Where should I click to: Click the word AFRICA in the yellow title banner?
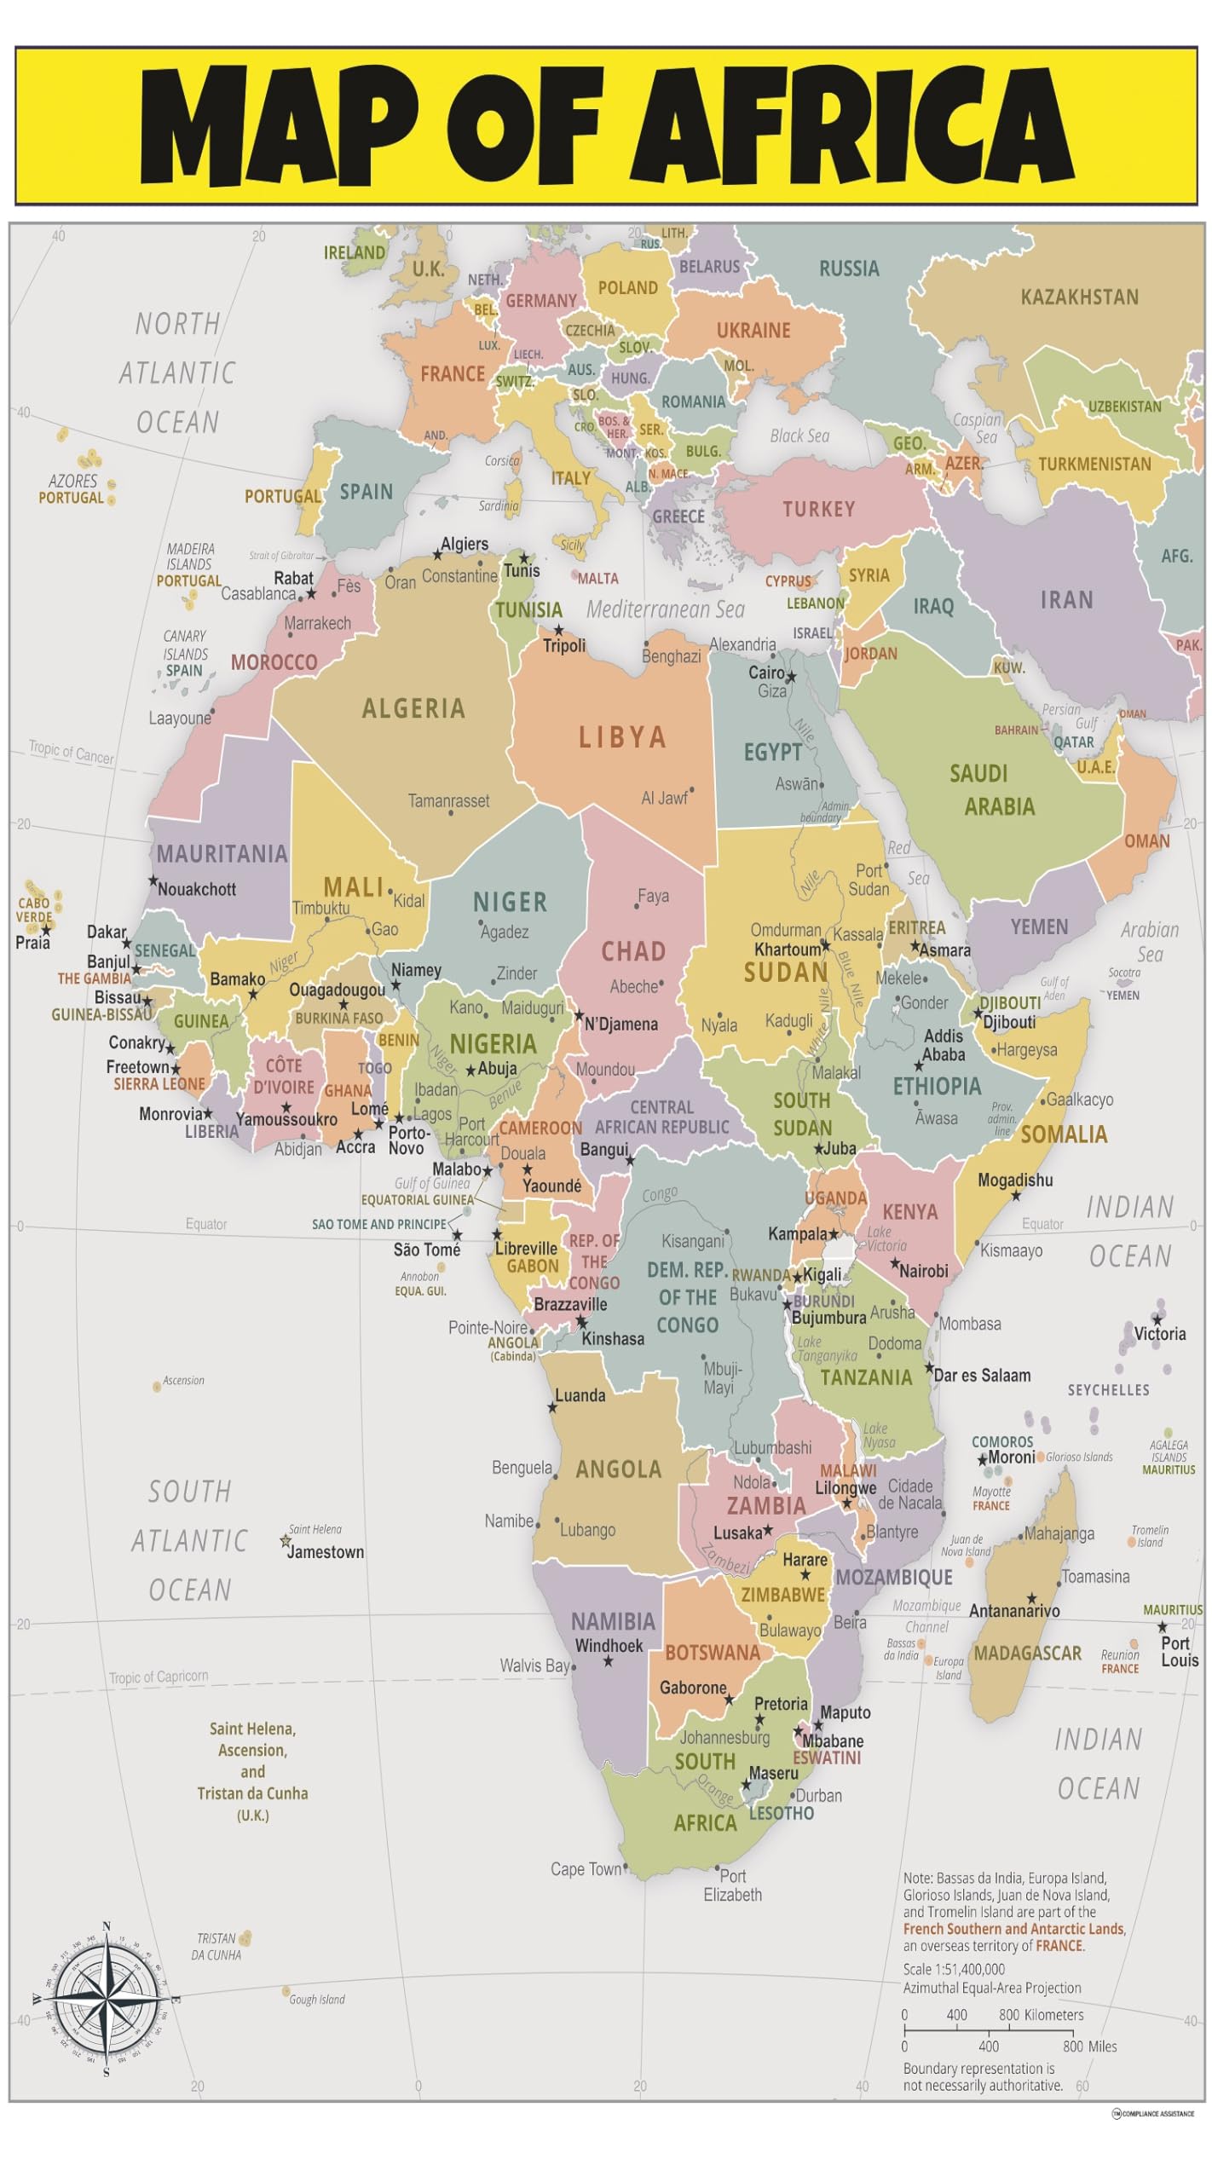point(852,126)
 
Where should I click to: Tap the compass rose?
point(106,1998)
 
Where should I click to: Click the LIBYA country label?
point(622,737)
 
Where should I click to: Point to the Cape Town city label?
point(586,1869)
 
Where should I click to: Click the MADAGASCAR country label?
point(1027,1654)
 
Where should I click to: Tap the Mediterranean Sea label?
point(665,609)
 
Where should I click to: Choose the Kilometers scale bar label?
point(1053,2015)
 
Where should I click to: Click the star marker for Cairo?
point(791,678)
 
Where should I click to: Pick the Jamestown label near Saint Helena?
point(326,1552)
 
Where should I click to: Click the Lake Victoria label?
point(886,1238)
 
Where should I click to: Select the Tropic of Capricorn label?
point(159,1677)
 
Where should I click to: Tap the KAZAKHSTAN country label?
point(1079,297)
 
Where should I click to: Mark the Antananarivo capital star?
point(1031,1598)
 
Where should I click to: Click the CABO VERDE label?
point(34,909)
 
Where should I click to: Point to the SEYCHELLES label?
point(1108,1390)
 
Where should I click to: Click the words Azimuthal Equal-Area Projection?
point(992,1988)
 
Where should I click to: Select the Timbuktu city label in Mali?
point(320,908)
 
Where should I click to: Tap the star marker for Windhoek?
point(609,1661)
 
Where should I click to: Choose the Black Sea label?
point(799,436)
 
